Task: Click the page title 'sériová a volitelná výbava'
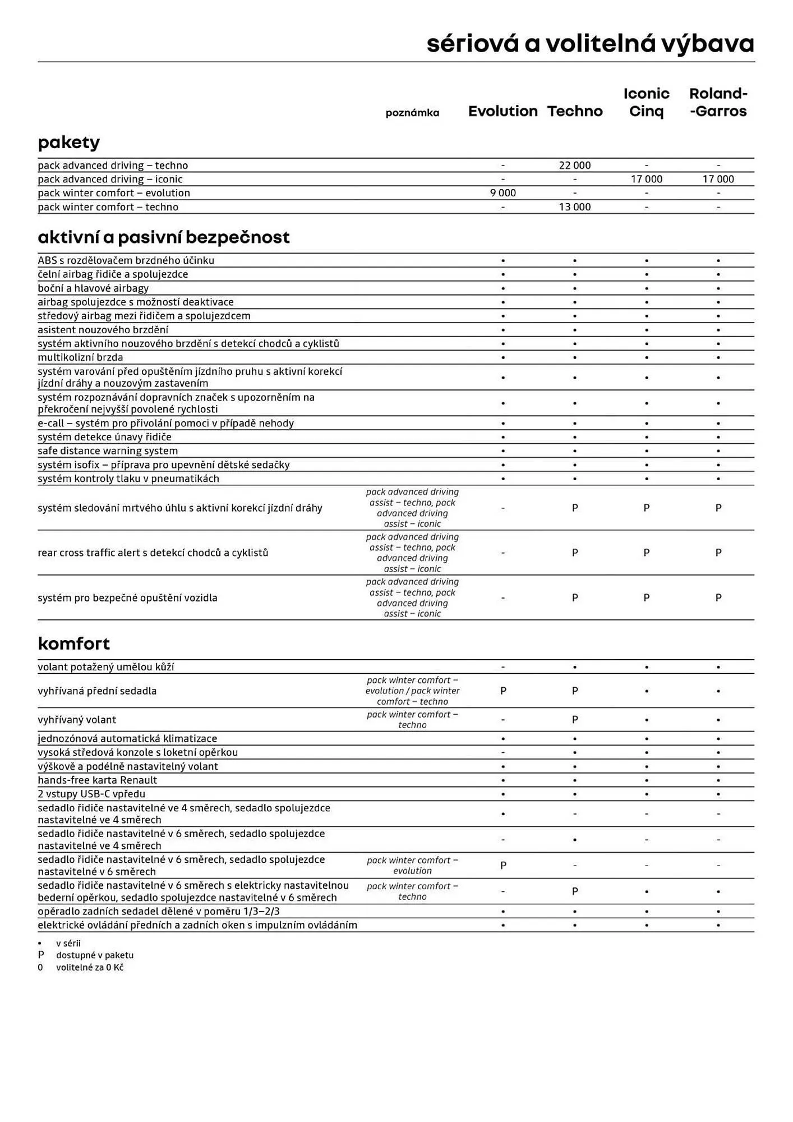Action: point(590,44)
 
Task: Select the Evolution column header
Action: point(502,111)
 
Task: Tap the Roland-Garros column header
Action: point(718,102)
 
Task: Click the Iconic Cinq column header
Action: point(646,102)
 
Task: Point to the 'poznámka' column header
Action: point(412,113)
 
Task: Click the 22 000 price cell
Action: point(574,165)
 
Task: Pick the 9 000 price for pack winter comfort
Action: point(502,193)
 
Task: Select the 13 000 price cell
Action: point(574,207)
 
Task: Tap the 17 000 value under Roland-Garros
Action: point(718,180)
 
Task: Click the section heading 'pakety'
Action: point(68,142)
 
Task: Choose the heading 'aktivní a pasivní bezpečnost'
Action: point(163,237)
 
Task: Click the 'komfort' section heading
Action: point(73,643)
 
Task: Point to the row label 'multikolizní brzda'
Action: point(80,357)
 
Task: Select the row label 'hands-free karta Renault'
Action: point(97,780)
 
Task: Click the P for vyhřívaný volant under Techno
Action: point(574,720)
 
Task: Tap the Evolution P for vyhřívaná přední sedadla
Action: point(502,691)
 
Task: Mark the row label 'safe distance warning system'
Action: point(108,450)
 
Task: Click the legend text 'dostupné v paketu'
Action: point(94,955)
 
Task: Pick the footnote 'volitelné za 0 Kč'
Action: point(89,967)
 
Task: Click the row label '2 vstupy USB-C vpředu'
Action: point(91,794)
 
